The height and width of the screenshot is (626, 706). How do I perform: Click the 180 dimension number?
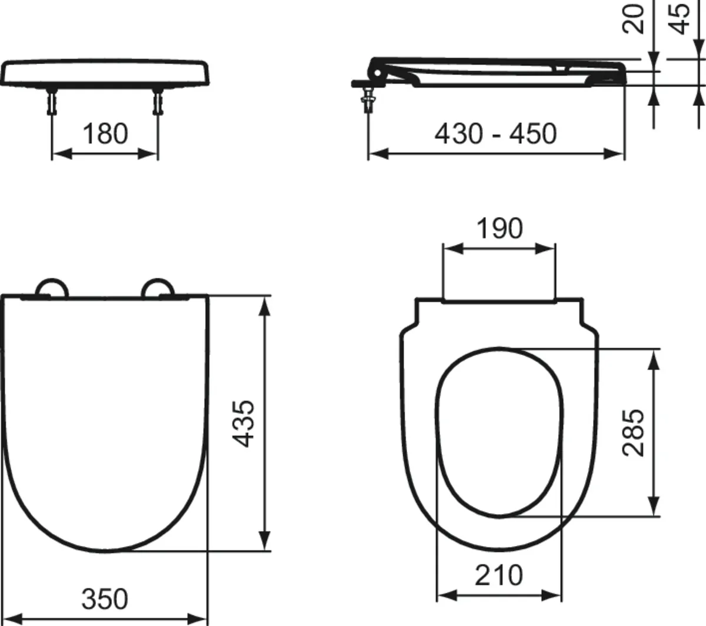(105, 134)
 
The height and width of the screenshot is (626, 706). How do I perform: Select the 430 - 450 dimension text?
(495, 134)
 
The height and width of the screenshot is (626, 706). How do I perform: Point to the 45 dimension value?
(681, 18)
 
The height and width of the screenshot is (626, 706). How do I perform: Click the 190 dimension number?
(499, 228)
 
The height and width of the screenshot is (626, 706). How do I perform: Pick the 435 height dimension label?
(242, 423)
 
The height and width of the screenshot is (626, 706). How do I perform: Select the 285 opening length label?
(634, 432)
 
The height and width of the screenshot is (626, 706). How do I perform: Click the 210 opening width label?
(499, 575)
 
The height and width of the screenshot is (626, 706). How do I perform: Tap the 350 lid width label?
(104, 600)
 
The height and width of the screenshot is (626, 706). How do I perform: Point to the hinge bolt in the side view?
(369, 96)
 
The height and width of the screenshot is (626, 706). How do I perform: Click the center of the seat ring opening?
(499, 432)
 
